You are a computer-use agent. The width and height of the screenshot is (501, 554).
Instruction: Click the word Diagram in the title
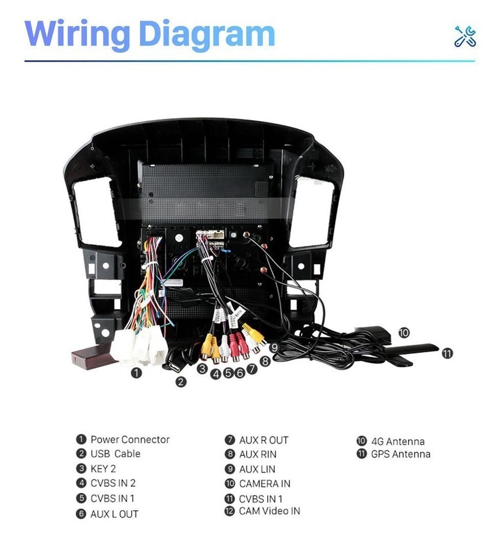[207, 34]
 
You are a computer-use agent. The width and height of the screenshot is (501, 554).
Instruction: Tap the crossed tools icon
[465, 37]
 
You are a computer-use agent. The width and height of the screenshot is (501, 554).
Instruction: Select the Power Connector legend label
[130, 439]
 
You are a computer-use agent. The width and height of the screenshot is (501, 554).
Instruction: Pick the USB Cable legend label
[116, 454]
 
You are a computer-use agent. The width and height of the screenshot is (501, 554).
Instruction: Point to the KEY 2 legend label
[103, 469]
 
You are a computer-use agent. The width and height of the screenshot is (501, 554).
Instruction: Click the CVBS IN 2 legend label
[113, 483]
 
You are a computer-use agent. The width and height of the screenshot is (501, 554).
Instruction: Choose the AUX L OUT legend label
[115, 514]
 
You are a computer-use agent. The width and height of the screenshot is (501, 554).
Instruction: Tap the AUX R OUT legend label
[264, 440]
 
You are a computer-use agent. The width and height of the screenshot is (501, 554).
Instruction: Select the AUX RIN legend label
[258, 454]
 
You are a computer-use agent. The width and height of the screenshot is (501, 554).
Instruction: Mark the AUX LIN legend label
[257, 469]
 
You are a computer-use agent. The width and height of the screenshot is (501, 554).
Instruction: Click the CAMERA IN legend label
[265, 484]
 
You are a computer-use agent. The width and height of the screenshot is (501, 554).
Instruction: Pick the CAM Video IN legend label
[270, 511]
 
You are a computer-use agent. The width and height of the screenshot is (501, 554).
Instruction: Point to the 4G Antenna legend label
[397, 442]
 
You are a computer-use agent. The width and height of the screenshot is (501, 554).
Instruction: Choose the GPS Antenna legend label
[401, 454]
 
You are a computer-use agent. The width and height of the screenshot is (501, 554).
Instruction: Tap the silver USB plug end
[173, 366]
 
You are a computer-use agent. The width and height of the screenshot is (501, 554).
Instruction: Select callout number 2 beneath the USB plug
[181, 382]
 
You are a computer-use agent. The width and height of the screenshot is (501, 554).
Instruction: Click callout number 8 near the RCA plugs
[265, 361]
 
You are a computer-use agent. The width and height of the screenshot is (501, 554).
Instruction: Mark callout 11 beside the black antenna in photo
[447, 353]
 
